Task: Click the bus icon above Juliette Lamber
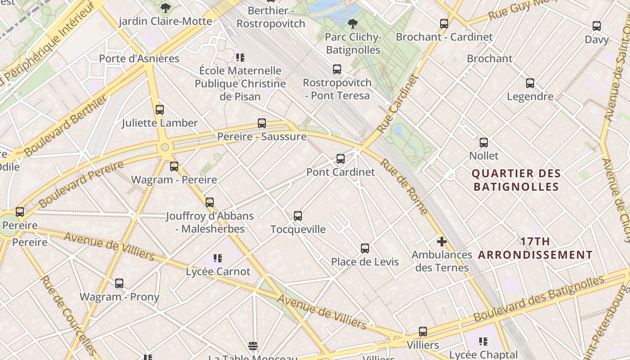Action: (159, 109)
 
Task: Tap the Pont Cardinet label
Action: (340, 172)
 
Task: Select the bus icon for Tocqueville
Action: (297, 216)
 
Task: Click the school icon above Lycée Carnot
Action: (217, 258)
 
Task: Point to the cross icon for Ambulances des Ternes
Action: (441, 242)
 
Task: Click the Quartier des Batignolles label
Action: (516, 180)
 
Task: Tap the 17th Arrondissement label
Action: (535, 248)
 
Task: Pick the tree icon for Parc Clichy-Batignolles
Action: (353, 23)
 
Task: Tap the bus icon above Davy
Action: (597, 26)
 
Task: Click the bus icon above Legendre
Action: (530, 83)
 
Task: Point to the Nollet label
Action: (484, 156)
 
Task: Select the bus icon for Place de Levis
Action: (364, 248)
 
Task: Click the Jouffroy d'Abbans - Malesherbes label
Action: (210, 222)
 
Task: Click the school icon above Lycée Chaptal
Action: (483, 342)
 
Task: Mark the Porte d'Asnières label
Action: (139, 58)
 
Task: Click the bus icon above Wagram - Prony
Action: (119, 283)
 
